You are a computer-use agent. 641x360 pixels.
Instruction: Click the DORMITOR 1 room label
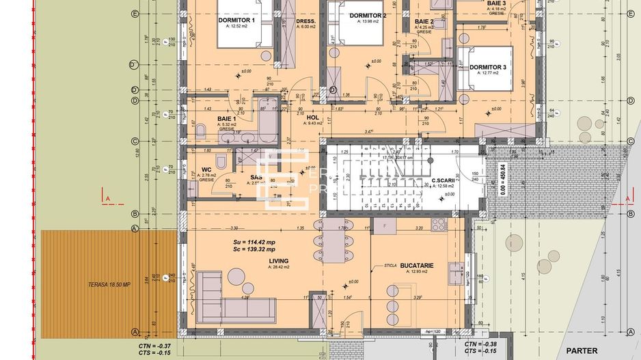click(236, 20)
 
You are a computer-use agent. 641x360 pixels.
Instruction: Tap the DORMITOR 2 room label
click(368, 16)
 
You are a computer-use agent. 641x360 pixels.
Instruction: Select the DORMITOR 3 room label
click(487, 67)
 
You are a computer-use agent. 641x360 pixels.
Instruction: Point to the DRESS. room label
click(305, 21)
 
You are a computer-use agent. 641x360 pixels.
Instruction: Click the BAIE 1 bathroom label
click(227, 119)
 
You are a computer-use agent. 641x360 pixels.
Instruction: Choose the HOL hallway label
click(314, 117)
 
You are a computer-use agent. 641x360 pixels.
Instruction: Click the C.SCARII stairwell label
click(444, 181)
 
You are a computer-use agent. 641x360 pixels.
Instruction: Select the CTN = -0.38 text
click(480, 345)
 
